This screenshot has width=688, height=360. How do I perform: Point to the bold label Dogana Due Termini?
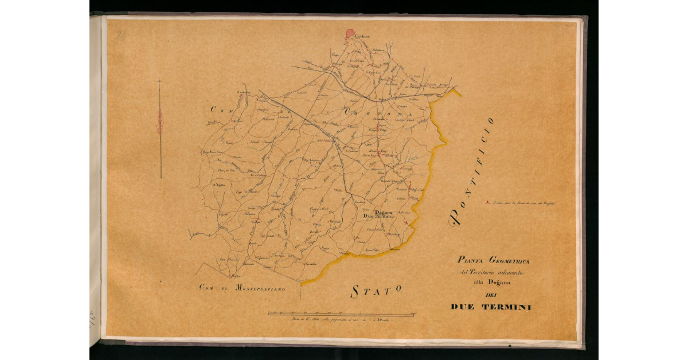(x=376, y=214)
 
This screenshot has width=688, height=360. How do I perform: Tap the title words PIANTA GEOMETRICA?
(x=491, y=260)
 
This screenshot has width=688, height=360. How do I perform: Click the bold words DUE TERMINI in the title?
(x=491, y=307)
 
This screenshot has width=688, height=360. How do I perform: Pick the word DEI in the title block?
(x=490, y=295)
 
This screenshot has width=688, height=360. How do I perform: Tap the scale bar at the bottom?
(x=342, y=314)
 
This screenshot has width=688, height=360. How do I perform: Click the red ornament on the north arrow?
(x=160, y=122)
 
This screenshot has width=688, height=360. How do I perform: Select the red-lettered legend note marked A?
(x=522, y=202)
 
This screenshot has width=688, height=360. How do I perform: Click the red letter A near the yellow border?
(x=406, y=222)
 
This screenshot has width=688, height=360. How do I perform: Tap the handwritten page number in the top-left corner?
(x=120, y=36)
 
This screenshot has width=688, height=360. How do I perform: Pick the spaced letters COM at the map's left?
(x=220, y=109)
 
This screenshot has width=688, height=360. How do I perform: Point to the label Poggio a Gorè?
(x=319, y=209)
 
